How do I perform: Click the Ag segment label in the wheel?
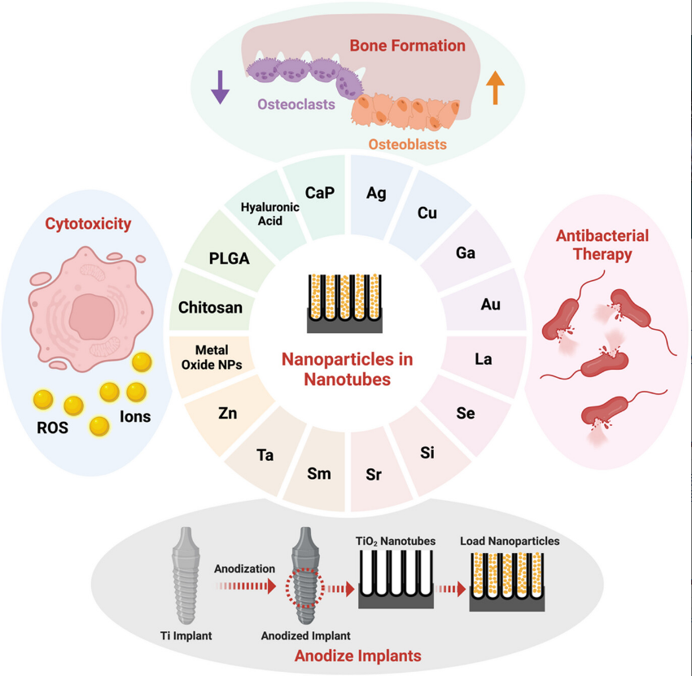click(376, 193)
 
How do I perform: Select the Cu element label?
click(427, 213)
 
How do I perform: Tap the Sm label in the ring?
click(318, 473)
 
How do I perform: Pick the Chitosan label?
click(210, 307)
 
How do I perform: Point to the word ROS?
click(50, 427)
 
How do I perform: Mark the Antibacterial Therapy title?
click(602, 244)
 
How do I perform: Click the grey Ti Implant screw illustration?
click(186, 574)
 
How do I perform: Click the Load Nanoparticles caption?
click(510, 541)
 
